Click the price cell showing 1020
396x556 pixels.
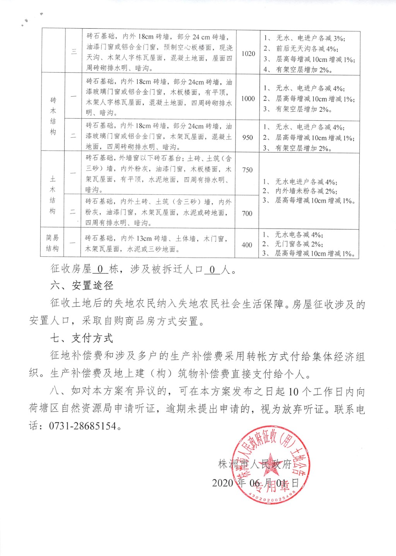click(x=248, y=53)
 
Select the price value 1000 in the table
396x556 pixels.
click(x=248, y=99)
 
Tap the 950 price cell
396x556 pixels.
click(x=247, y=137)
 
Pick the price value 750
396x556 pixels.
click(x=247, y=170)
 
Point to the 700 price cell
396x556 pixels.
click(x=247, y=213)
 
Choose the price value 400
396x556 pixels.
click(x=247, y=245)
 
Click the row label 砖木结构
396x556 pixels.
click(x=53, y=116)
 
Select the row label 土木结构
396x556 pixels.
click(x=53, y=195)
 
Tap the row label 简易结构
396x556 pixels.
click(x=52, y=243)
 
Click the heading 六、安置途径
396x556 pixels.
click(x=82, y=286)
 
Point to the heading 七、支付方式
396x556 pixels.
click(x=82, y=338)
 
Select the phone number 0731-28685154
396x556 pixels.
click(x=82, y=426)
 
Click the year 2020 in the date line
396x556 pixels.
click(x=223, y=483)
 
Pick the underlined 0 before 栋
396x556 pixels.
click(x=100, y=269)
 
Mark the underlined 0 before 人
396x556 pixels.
click(x=212, y=269)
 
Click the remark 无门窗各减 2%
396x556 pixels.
click(x=299, y=244)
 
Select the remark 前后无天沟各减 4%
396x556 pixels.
click(x=307, y=49)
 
